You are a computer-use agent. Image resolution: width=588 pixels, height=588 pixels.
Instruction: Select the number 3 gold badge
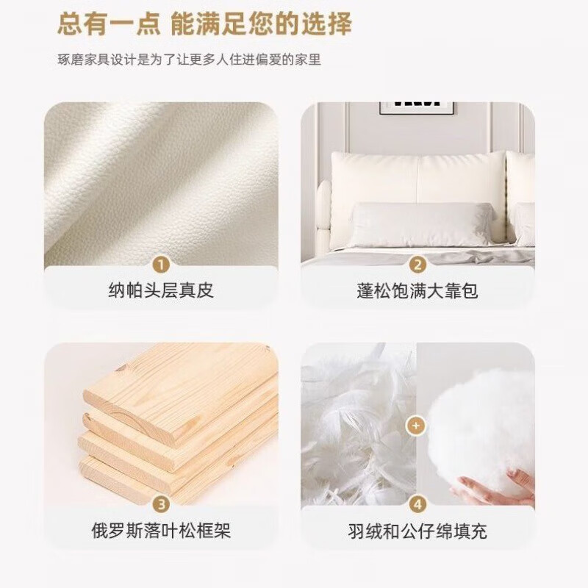[x=162, y=504]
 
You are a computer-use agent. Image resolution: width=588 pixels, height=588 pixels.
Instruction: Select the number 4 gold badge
[x=417, y=504]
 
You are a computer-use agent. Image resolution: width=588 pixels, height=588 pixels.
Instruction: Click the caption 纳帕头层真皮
[x=161, y=291]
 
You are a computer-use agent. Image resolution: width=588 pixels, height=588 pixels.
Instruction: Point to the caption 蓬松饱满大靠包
[x=417, y=291]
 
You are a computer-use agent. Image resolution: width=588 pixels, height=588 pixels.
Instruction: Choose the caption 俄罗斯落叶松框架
[x=161, y=531]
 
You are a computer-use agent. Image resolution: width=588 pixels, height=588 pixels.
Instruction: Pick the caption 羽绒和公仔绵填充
[x=417, y=531]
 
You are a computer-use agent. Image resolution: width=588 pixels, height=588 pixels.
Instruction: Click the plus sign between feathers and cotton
[x=417, y=425]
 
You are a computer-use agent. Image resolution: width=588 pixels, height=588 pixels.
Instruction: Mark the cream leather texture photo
[x=161, y=184]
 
